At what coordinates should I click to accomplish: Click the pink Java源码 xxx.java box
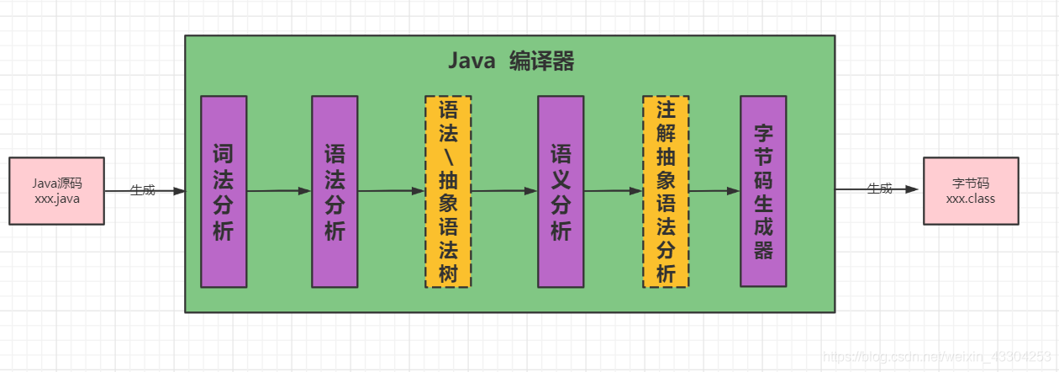pos(56,191)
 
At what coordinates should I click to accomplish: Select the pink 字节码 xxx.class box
pos(971,191)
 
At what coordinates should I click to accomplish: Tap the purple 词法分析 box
pos(224,192)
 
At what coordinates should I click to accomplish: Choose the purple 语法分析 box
pos(335,192)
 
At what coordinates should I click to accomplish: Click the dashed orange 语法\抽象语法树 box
pos(448,192)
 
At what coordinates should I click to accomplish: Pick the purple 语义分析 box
pos(561,192)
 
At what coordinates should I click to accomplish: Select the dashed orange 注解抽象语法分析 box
pos(666,192)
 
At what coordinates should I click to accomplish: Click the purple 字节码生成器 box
pos(763,191)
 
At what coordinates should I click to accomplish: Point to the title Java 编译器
pos(510,61)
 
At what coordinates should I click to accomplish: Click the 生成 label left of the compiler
pos(143,190)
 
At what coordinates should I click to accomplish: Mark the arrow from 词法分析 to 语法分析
pos(279,191)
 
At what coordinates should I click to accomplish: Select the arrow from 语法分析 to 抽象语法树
pos(391,191)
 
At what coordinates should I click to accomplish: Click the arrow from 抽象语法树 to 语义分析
pos(504,191)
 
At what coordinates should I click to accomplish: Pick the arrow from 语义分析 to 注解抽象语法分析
pos(613,191)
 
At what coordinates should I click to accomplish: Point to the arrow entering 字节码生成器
pos(714,191)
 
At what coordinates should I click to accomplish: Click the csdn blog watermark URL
pos(936,356)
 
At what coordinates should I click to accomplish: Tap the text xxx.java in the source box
pos(57,199)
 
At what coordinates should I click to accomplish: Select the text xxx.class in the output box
pos(971,199)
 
